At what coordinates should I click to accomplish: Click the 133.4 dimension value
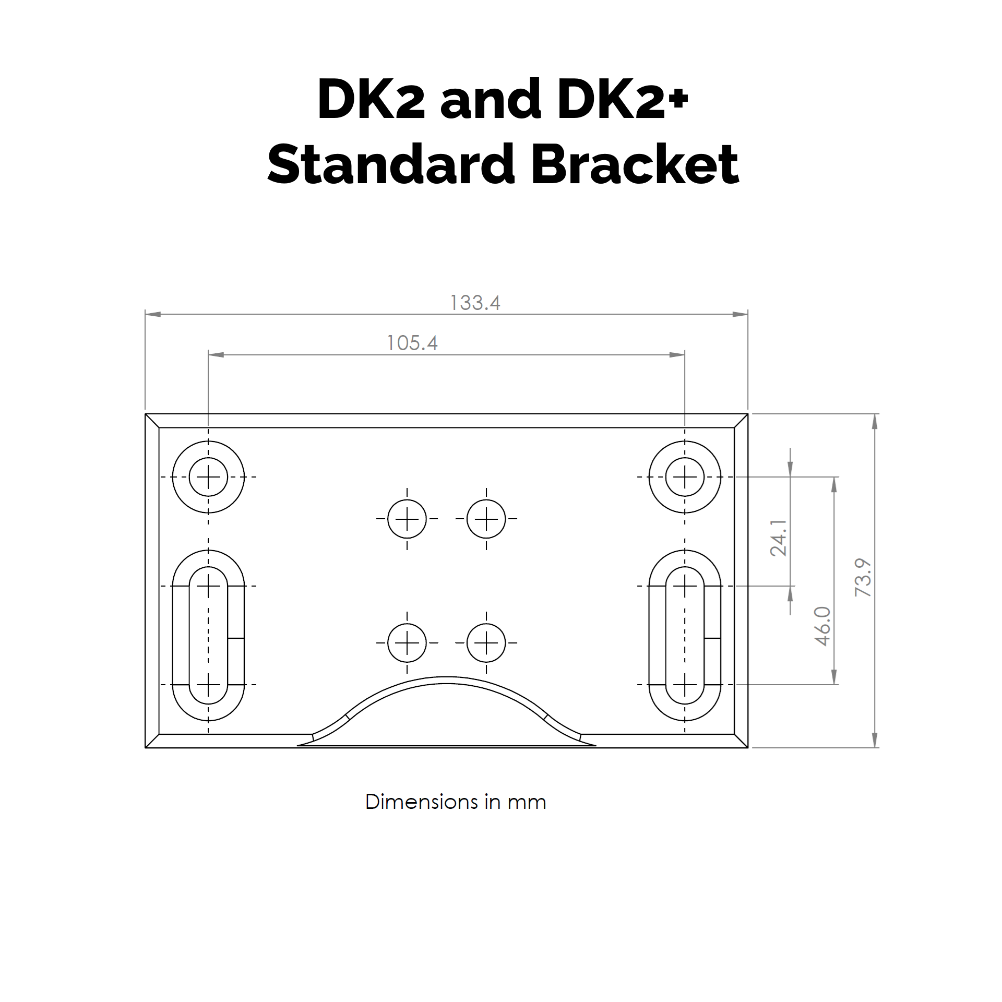pyautogui.click(x=475, y=303)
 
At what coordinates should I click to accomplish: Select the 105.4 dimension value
pyautogui.click(x=412, y=343)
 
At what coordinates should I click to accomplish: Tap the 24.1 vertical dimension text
pyautogui.click(x=778, y=538)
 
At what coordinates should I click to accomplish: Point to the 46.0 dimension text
pyautogui.click(x=822, y=626)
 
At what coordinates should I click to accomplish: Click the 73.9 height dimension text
pyautogui.click(x=863, y=577)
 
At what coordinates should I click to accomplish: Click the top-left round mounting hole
pyautogui.click(x=208, y=477)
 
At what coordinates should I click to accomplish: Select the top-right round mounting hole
pyautogui.click(x=685, y=477)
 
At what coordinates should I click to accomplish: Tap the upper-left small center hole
pyautogui.click(x=407, y=519)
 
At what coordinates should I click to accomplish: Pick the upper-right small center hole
pyautogui.click(x=486, y=519)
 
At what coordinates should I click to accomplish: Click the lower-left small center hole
pyautogui.click(x=407, y=643)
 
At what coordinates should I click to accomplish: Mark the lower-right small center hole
pyautogui.click(x=486, y=643)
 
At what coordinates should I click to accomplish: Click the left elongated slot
pyautogui.click(x=208, y=635)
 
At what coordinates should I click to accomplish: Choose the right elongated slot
pyautogui.click(x=685, y=635)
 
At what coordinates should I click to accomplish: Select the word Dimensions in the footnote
pyautogui.click(x=421, y=802)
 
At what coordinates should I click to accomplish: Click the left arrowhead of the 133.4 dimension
pyautogui.click(x=153, y=314)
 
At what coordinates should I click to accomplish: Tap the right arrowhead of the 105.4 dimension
pyautogui.click(x=677, y=355)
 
